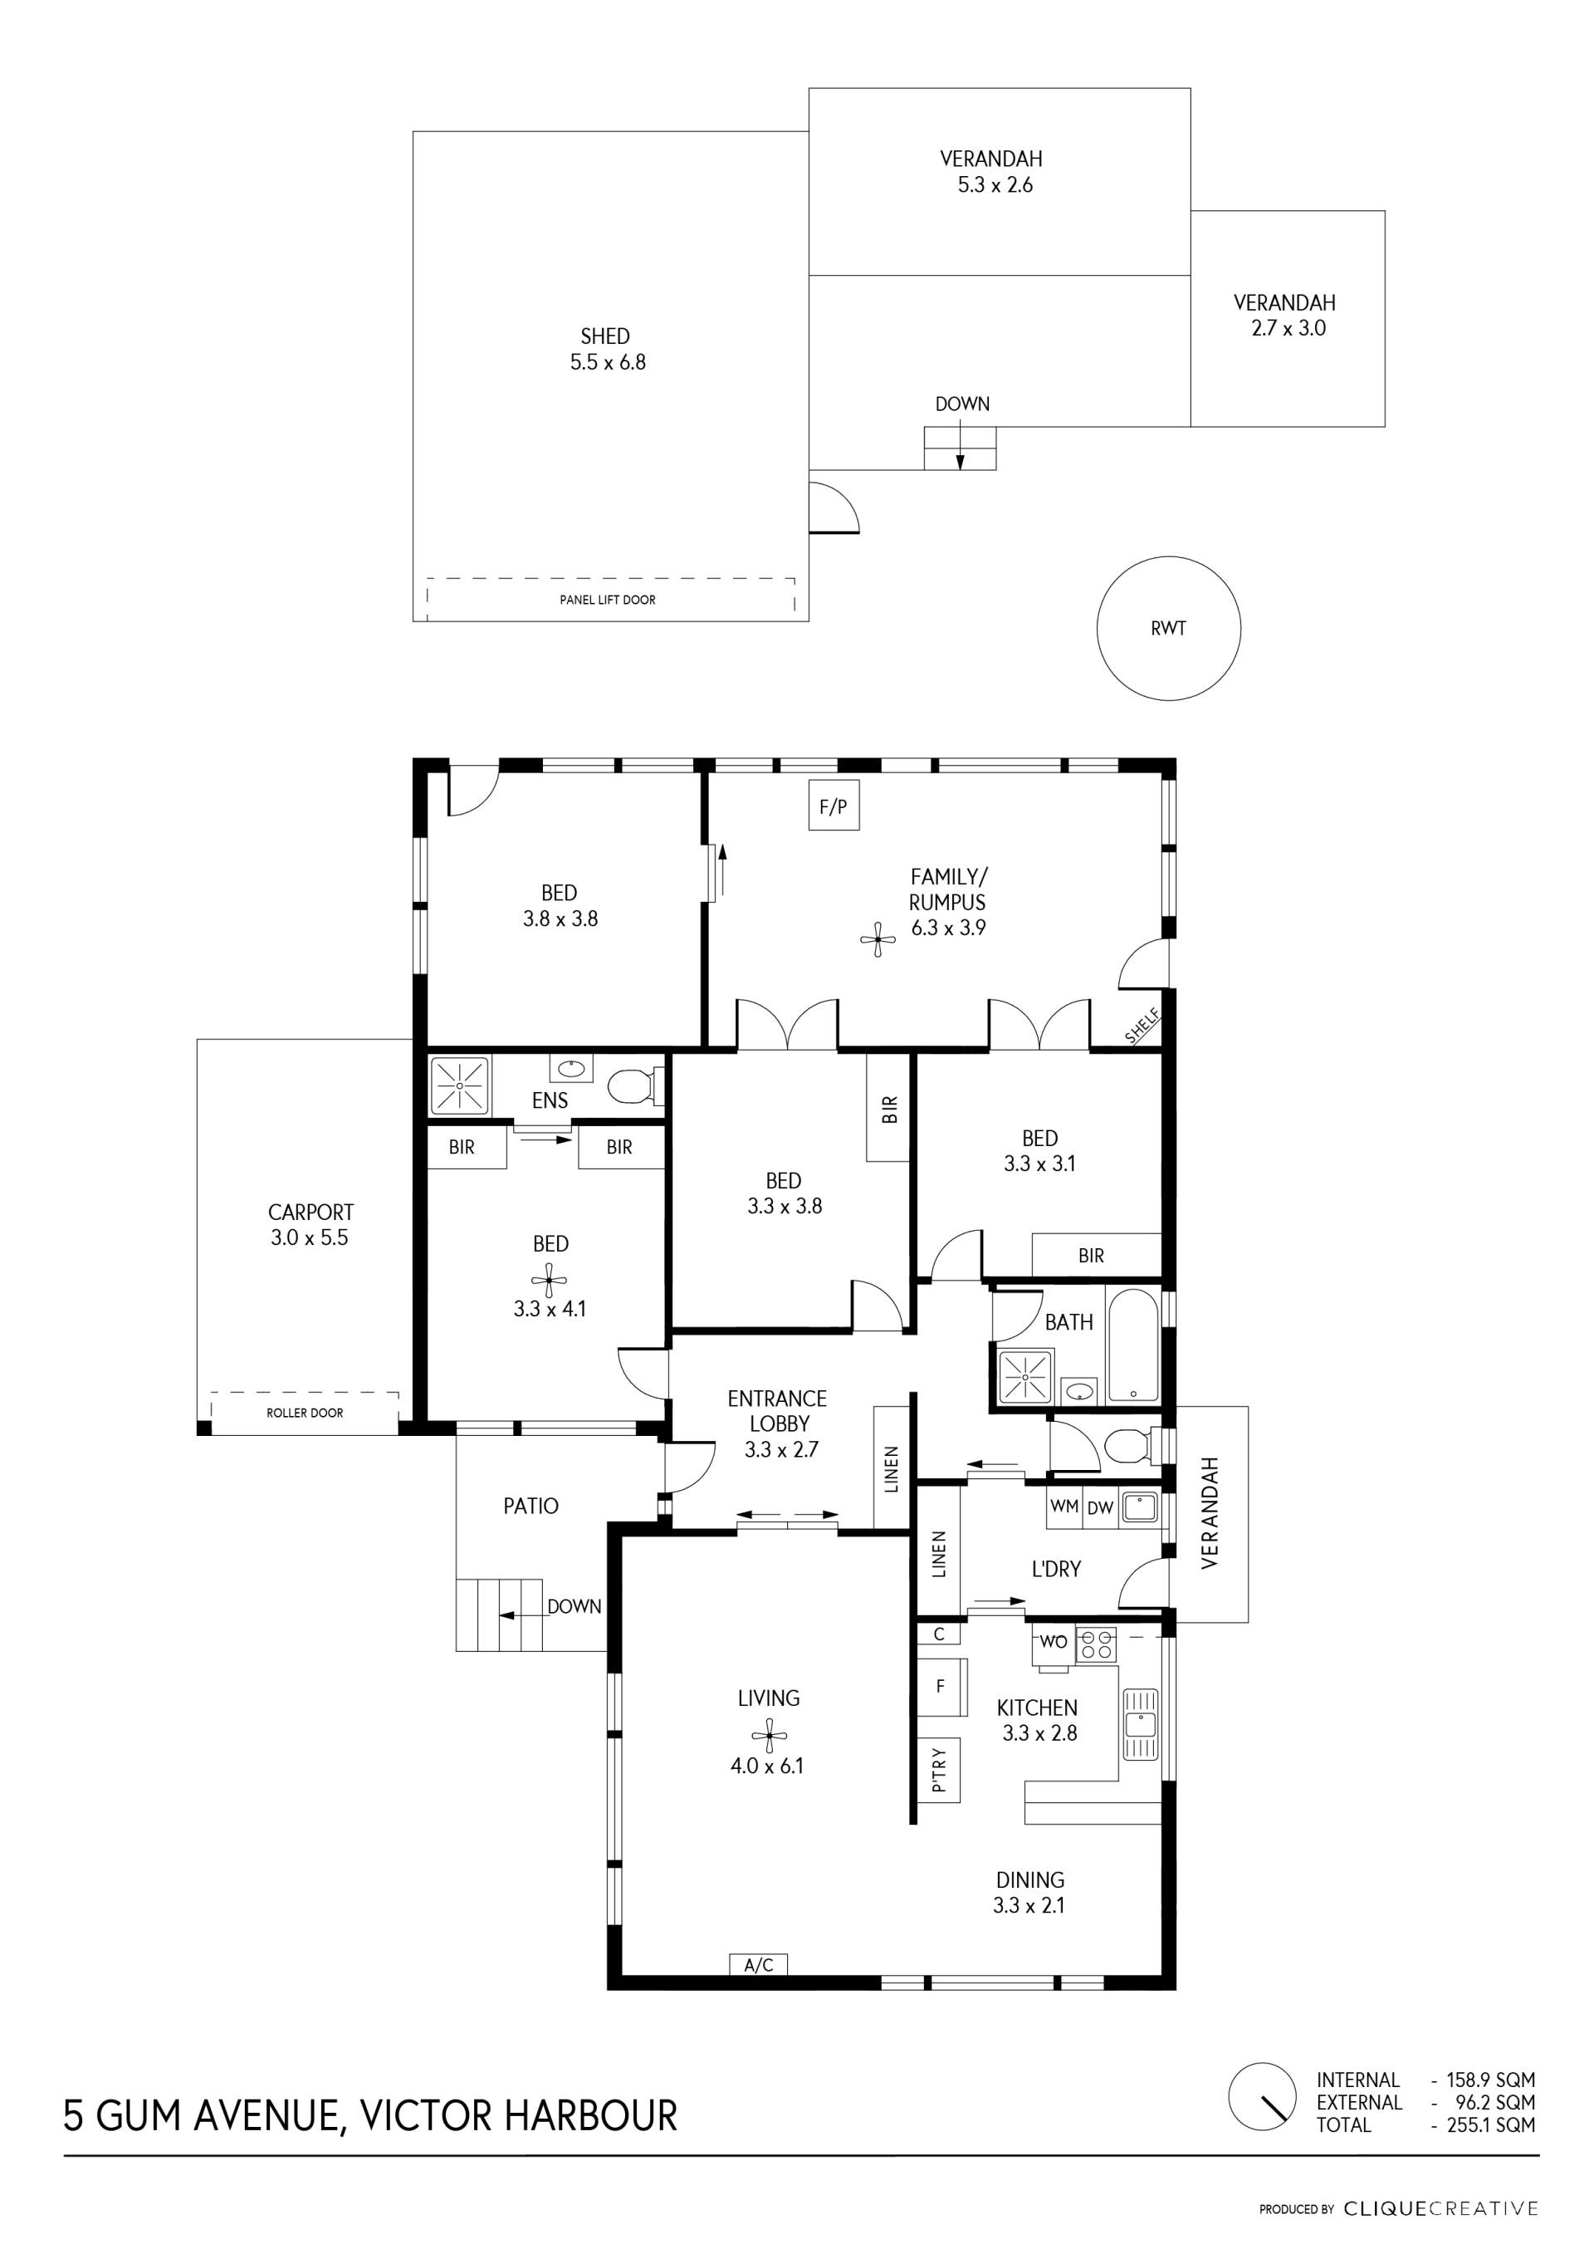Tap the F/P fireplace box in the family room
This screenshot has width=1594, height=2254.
click(x=834, y=806)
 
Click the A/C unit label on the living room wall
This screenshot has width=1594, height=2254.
click(x=759, y=1964)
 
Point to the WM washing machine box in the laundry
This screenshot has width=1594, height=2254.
click(x=1064, y=1507)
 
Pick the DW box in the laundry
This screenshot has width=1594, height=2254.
click(x=1099, y=1507)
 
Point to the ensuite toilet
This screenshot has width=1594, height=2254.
click(x=635, y=1087)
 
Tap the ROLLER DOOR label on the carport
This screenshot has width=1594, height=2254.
click(x=306, y=1413)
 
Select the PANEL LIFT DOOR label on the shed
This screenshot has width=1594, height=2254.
click(x=608, y=600)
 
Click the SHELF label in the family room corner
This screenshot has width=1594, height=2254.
click(x=1142, y=1026)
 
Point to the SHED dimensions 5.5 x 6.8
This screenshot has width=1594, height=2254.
click(x=609, y=362)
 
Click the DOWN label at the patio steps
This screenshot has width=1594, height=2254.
click(x=575, y=1607)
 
